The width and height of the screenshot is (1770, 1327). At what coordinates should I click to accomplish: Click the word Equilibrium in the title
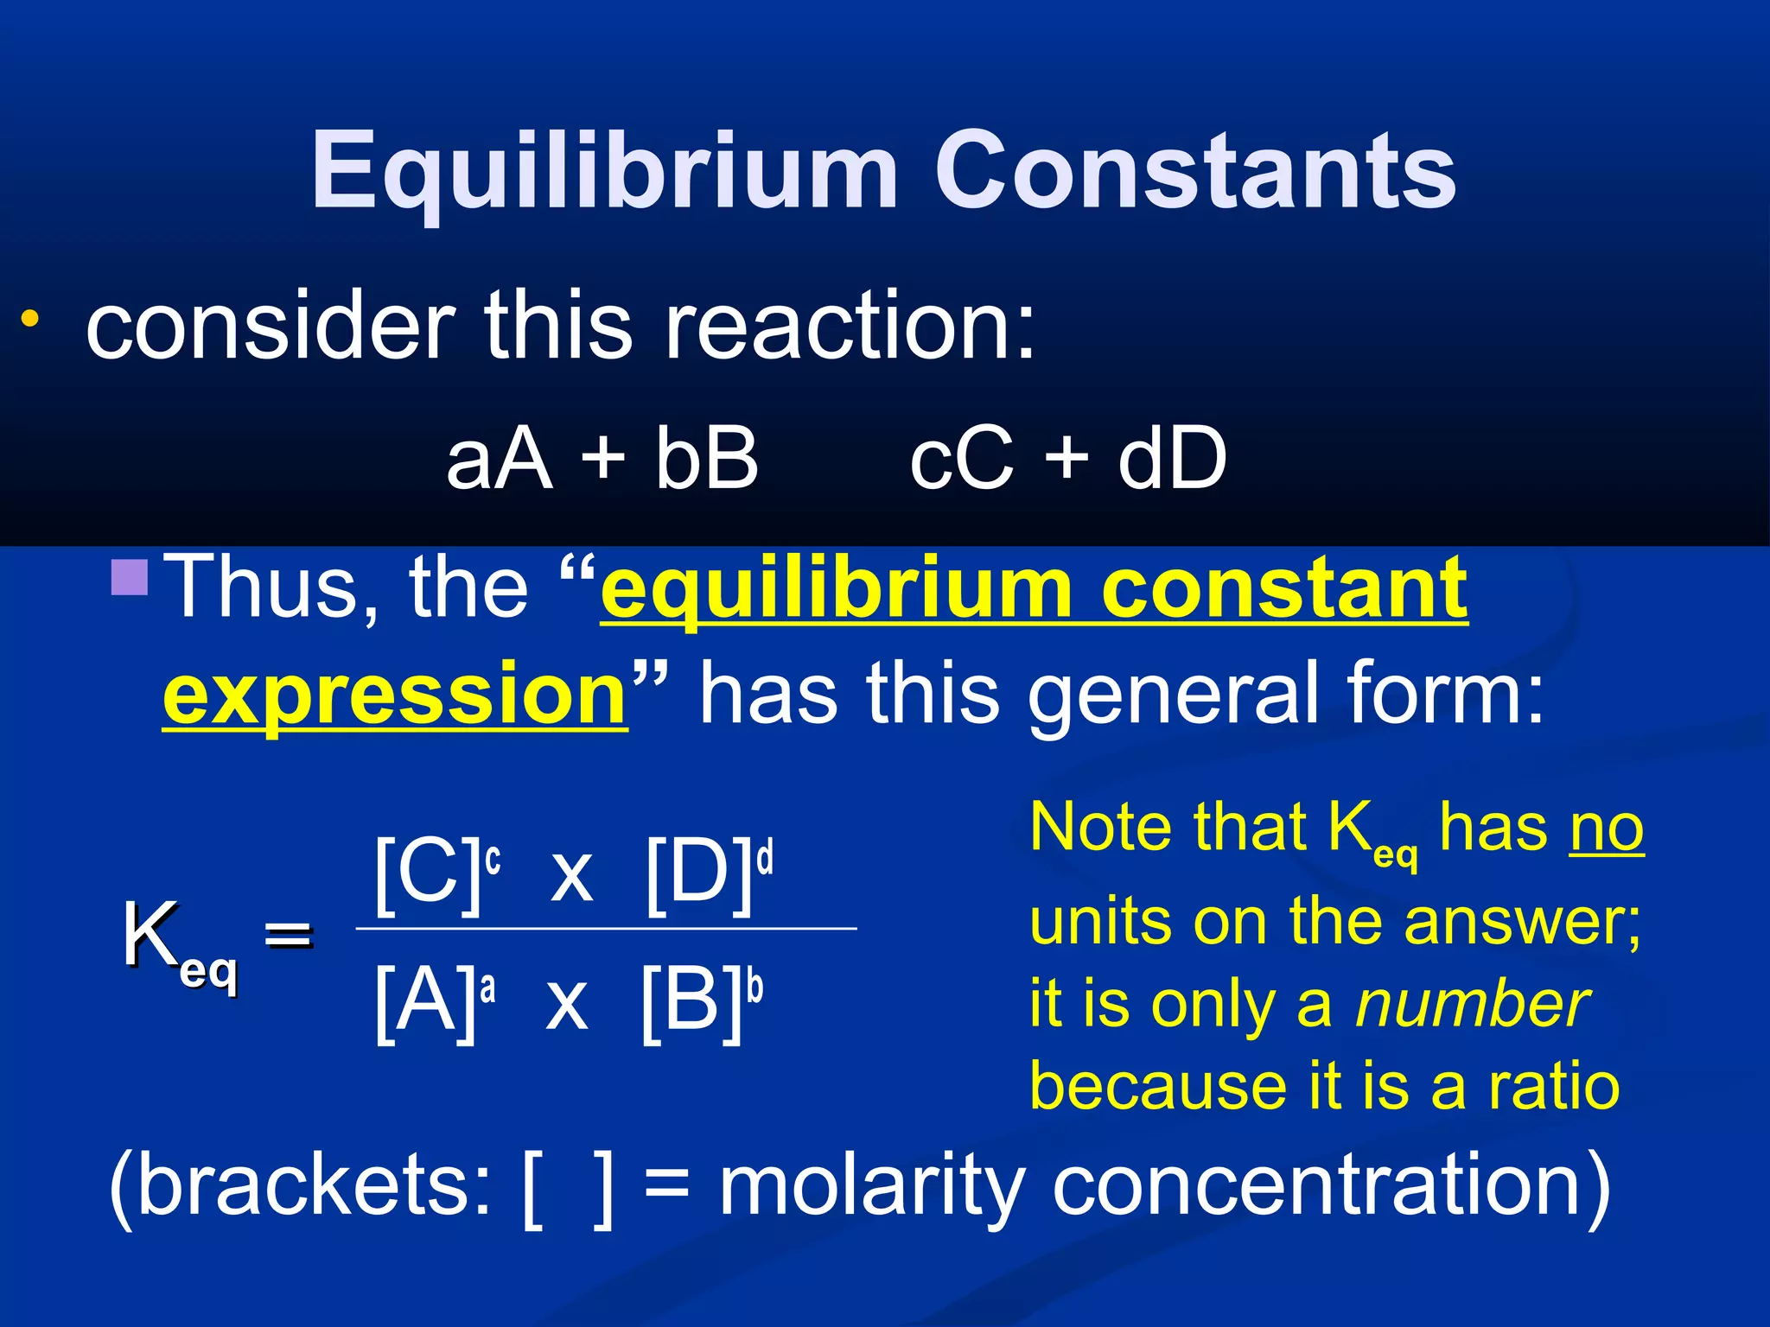[605, 171]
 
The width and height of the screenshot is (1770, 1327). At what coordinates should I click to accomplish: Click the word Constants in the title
[1195, 171]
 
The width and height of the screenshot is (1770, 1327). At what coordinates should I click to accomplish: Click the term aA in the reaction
[499, 459]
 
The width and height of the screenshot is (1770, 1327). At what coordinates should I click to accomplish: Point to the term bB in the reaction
[706, 459]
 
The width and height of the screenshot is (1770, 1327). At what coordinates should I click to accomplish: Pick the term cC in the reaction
[960, 459]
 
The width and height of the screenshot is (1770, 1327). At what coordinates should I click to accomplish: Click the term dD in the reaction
[1172, 459]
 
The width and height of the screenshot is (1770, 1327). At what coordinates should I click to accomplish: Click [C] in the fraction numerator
[427, 874]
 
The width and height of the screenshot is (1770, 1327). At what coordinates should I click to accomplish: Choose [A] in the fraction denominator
[425, 1002]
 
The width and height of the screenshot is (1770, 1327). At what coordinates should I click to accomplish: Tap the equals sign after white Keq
[288, 935]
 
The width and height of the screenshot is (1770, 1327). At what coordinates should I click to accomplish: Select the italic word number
[1472, 1005]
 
